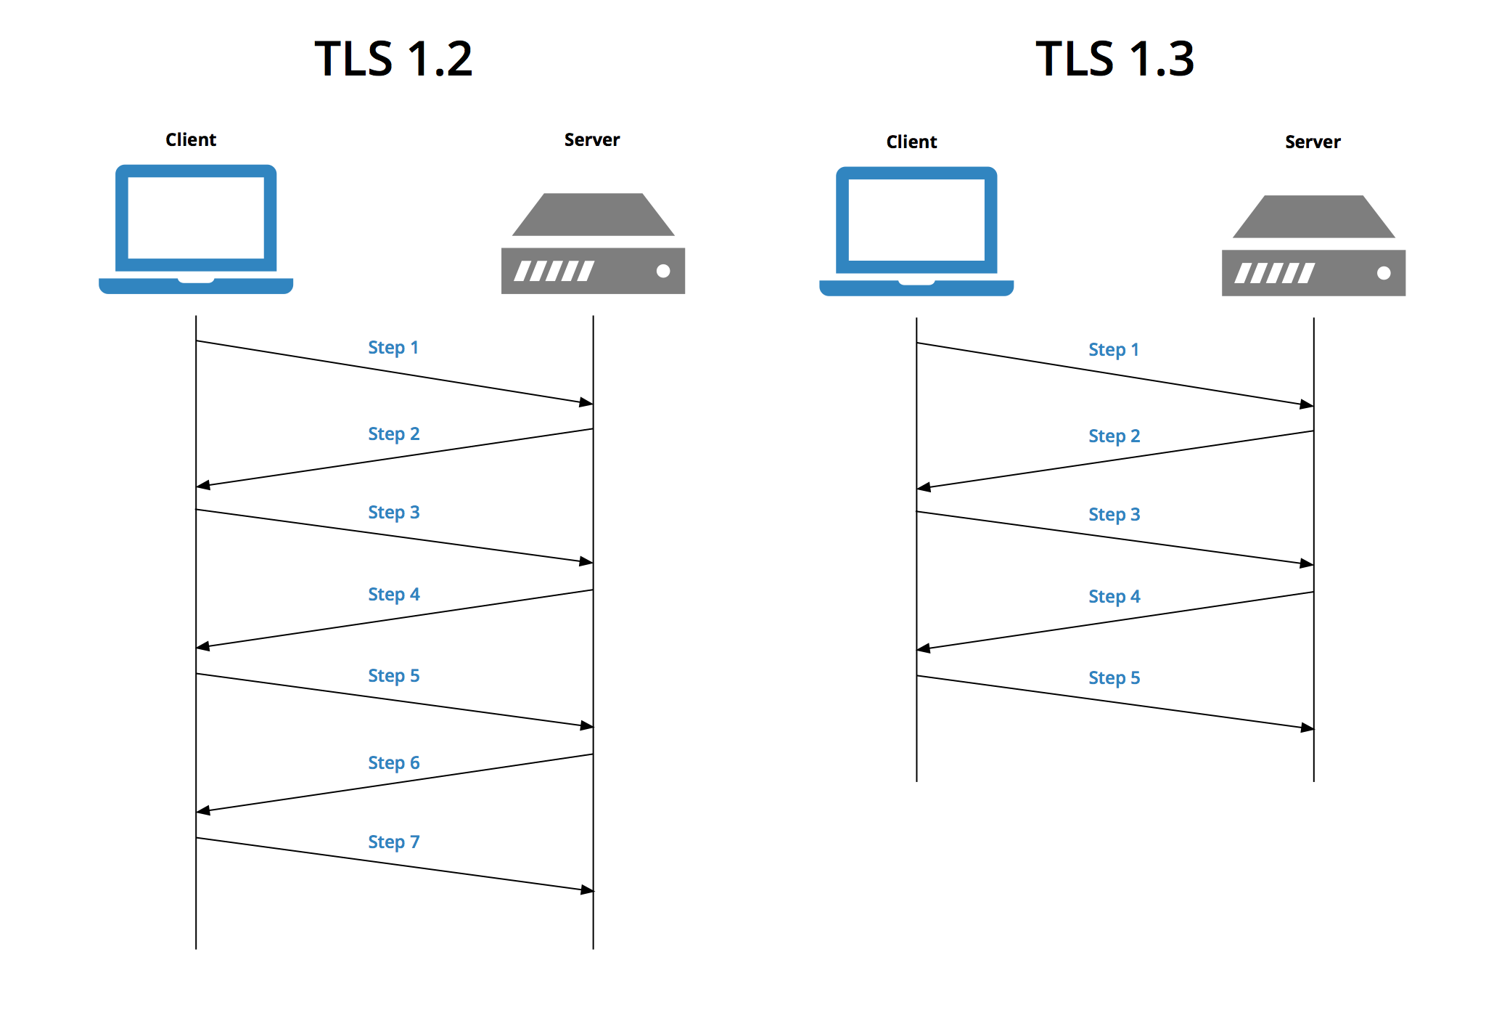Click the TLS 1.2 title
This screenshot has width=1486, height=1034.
pyautogui.click(x=393, y=59)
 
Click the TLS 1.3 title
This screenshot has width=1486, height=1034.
pyautogui.click(x=1114, y=59)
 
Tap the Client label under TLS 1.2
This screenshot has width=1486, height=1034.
pyautogui.click(x=191, y=139)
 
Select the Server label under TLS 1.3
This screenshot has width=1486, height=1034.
pyautogui.click(x=1313, y=142)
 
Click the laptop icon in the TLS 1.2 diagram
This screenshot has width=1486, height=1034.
pyautogui.click(x=196, y=229)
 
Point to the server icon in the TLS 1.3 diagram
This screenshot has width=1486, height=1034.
pyautogui.click(x=1313, y=245)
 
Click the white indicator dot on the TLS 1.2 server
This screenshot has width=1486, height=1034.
pyautogui.click(x=663, y=271)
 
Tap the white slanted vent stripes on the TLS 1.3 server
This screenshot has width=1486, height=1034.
pyautogui.click(x=1275, y=273)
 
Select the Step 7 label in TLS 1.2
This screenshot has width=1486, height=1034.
pyautogui.click(x=394, y=842)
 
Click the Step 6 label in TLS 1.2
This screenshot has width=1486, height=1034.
pyautogui.click(x=394, y=763)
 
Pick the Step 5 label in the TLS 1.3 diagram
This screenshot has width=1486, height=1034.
pyautogui.click(x=1114, y=678)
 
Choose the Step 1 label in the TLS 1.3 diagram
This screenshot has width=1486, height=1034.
pyautogui.click(x=1114, y=350)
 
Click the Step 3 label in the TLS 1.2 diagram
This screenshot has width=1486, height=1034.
pyautogui.click(x=394, y=513)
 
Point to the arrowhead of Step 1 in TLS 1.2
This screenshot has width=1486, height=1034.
pyautogui.click(x=586, y=402)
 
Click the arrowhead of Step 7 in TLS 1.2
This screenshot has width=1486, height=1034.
pyautogui.click(x=588, y=890)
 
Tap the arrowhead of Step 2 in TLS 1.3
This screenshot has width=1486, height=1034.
pyautogui.click(x=924, y=487)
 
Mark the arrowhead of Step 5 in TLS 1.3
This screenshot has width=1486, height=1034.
pyautogui.click(x=1308, y=728)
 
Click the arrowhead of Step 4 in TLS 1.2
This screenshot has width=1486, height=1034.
pyautogui.click(x=203, y=646)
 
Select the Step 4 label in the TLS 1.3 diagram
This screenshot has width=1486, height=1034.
pyautogui.click(x=1114, y=597)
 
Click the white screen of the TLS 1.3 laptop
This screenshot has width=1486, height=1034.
pyautogui.click(x=916, y=220)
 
